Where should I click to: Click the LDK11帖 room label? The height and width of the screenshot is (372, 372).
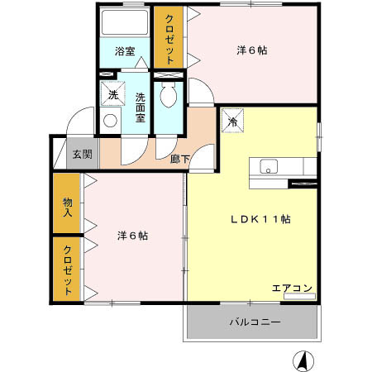(x=259, y=220)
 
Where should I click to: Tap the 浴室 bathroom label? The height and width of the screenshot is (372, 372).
(x=124, y=50)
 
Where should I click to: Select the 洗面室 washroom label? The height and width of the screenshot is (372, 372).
(x=141, y=107)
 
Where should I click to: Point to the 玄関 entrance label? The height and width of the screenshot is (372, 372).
(x=80, y=155)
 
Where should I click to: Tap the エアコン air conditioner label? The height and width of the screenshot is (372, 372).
(x=293, y=288)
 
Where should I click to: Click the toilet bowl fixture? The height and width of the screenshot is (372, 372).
(x=169, y=96)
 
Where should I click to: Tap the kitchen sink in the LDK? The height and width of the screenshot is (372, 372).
(x=270, y=166)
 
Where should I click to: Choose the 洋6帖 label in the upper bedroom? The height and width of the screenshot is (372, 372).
(x=251, y=50)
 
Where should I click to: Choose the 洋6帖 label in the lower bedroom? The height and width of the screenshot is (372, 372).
(x=132, y=235)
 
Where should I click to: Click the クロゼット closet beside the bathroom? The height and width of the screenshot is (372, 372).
(x=169, y=39)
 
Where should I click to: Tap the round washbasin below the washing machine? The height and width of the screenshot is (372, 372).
(x=111, y=121)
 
